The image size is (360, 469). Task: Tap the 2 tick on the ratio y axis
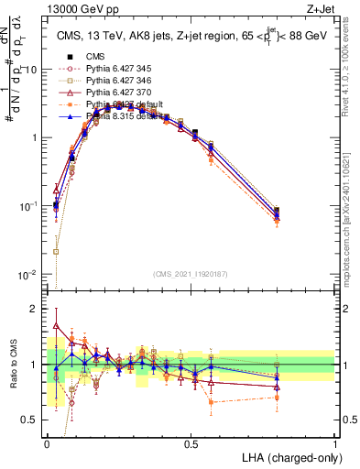click(x=35, y=309)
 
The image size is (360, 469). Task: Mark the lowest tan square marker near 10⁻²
click(x=56, y=251)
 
